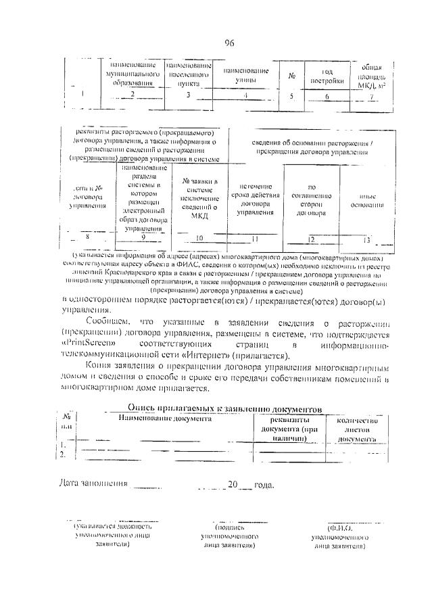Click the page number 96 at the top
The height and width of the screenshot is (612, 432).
coord(229,43)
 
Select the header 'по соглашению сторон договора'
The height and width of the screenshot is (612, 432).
coord(311,199)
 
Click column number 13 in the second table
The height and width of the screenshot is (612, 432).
coord(366,239)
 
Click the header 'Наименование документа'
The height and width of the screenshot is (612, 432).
coord(165,419)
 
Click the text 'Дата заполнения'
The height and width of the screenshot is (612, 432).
coord(93,484)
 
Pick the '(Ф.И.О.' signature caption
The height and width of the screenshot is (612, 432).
coord(338,526)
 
